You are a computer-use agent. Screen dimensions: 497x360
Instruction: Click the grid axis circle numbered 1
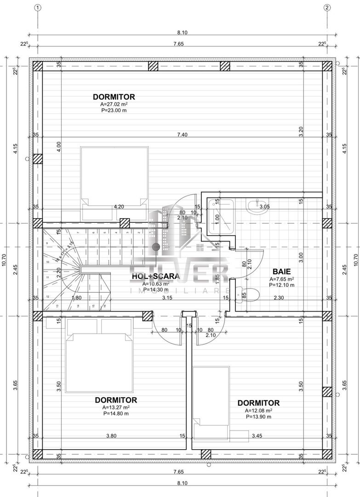coord(38,7)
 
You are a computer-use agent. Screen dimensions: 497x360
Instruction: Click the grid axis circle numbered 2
coord(327,7)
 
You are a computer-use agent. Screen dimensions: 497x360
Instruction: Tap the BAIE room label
coord(281,272)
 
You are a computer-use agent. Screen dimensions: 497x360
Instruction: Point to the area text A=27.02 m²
coord(114,104)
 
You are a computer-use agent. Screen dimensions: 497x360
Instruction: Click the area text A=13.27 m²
coord(116,407)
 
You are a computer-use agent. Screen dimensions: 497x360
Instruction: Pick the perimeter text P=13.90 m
coord(258,417)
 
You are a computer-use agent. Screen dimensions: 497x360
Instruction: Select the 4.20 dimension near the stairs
coord(119,207)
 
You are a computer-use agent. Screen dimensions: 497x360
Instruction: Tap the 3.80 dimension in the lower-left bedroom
coord(111,436)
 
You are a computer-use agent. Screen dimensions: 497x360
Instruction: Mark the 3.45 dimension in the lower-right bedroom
coord(256,436)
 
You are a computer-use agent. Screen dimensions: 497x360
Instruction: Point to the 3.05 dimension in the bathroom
coord(264,207)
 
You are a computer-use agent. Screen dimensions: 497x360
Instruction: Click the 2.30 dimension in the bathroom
coord(278,298)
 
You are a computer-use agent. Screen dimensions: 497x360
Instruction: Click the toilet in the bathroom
coord(243,294)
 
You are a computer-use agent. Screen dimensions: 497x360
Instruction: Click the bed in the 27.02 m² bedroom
coord(114,177)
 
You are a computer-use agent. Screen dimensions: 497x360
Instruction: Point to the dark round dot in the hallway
coord(156,247)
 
